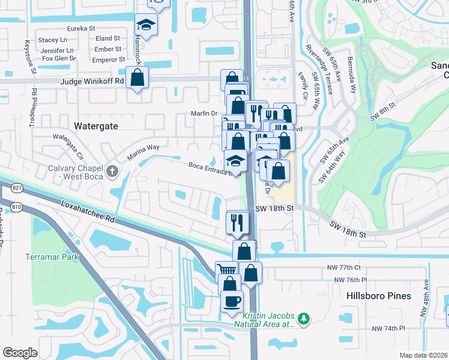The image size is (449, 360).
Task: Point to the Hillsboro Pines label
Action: coord(379,296)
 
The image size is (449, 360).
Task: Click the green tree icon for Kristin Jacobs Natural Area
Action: coord(304,317)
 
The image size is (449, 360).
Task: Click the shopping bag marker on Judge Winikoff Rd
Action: coord(137,77)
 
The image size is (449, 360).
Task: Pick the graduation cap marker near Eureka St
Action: coord(145,25)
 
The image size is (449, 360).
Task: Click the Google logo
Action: coord(20,352)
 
